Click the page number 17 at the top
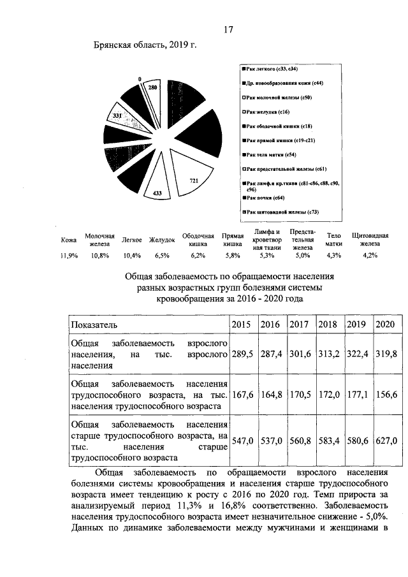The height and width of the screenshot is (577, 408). point(229,29)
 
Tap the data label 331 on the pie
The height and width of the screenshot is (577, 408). point(118,115)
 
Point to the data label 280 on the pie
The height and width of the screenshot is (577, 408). point(153,86)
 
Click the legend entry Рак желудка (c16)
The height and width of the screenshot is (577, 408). point(268,111)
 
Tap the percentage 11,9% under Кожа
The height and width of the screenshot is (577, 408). point(68,255)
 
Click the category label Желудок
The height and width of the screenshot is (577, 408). point(162,240)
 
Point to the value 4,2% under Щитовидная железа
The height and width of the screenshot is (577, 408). point(369,255)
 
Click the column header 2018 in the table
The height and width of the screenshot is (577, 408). point(328,324)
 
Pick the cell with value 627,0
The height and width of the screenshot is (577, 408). point(386,440)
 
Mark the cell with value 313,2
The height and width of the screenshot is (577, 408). point(328,353)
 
